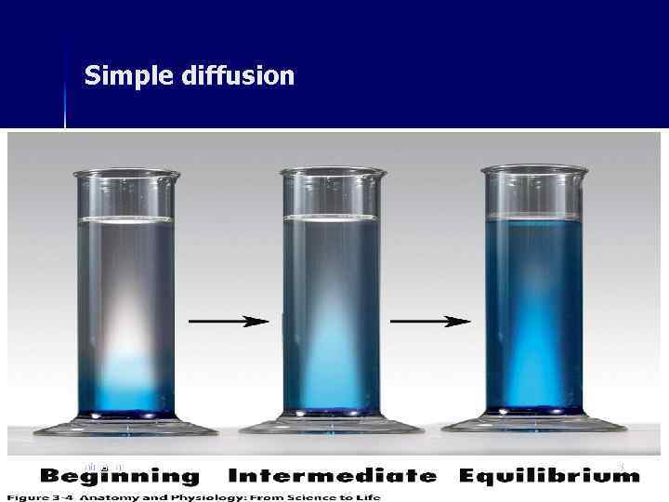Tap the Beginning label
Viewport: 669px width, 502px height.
coord(120,477)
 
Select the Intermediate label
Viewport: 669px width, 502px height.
coord(332,477)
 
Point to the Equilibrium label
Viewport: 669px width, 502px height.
coord(550,477)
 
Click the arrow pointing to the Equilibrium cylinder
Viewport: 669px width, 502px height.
coord(430,321)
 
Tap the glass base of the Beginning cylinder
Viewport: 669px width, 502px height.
coord(125,427)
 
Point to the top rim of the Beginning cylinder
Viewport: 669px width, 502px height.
coord(126,174)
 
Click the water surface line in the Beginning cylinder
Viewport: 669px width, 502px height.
coord(126,219)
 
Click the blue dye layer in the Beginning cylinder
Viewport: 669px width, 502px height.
coord(125,386)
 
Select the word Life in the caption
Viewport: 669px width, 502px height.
coord(365,496)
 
